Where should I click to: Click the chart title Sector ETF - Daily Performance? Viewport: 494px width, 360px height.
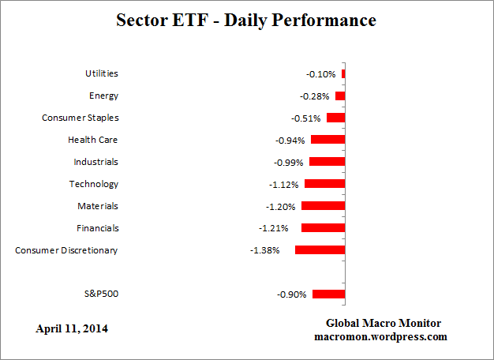click(247, 21)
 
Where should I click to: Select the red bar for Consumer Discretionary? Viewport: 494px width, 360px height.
click(320, 249)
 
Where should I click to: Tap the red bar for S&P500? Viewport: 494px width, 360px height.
click(328, 294)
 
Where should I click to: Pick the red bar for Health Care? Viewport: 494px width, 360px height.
click(327, 139)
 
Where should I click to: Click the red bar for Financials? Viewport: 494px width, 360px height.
click(323, 227)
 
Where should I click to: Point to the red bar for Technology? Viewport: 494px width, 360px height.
click(324, 183)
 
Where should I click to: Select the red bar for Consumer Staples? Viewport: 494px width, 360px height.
click(335, 118)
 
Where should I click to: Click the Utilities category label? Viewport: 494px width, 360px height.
click(101, 73)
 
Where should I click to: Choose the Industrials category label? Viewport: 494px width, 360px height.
click(95, 162)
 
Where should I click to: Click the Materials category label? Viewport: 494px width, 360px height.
click(98, 206)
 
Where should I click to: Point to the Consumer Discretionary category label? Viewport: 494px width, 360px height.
click(66, 250)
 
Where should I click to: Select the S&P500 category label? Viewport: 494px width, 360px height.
click(102, 294)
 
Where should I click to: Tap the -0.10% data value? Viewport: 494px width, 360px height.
click(320, 74)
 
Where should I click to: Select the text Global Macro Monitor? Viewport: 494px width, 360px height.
click(384, 324)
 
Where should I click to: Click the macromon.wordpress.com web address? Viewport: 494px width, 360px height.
click(384, 336)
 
